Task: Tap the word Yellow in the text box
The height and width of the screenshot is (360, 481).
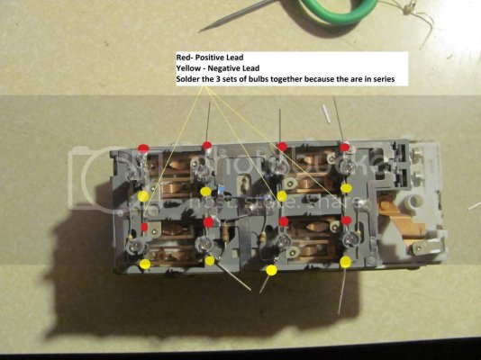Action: (x=187, y=68)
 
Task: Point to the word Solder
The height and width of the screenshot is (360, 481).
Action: (x=186, y=78)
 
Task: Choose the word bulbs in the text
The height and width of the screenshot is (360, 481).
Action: (x=251, y=78)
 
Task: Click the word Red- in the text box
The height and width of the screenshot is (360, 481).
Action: (x=185, y=58)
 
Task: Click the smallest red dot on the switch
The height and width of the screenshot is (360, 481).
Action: (x=144, y=227)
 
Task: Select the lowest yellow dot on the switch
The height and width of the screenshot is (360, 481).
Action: (x=271, y=270)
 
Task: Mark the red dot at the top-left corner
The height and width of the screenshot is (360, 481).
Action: (x=143, y=148)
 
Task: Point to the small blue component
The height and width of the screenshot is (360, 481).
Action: (x=221, y=189)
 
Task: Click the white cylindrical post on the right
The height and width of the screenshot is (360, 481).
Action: (x=413, y=202)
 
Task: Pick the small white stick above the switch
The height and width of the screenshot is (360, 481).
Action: (x=326, y=113)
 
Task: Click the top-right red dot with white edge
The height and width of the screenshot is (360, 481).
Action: (x=345, y=147)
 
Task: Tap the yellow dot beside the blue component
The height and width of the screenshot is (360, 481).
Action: (x=205, y=192)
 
